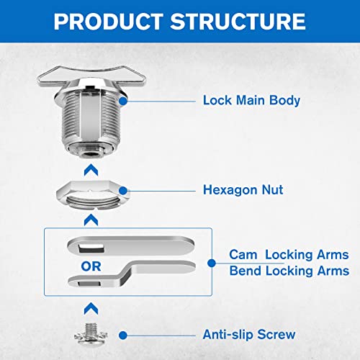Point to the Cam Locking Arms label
tap(289, 255)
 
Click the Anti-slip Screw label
tap(250, 335)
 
